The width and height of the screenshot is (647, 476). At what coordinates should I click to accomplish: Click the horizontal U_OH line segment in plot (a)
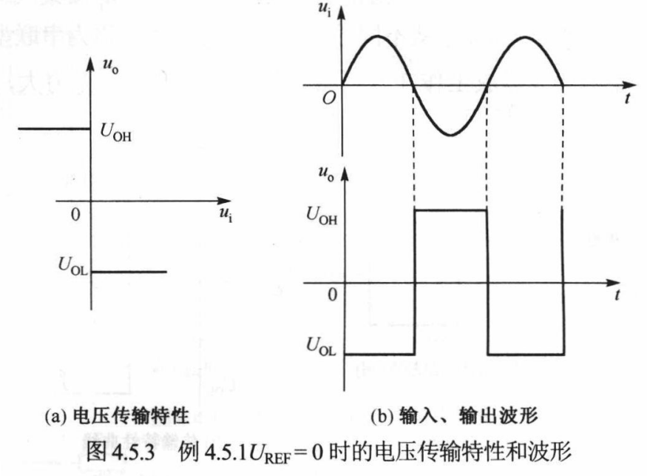tap(52, 128)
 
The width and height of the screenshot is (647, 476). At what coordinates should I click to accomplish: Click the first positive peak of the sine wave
tap(378, 36)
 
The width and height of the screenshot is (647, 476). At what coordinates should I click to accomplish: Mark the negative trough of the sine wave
tap(450, 135)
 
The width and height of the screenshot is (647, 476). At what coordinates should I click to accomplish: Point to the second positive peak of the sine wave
tap(525, 36)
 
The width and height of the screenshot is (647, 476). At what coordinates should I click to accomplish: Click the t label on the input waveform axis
tap(626, 98)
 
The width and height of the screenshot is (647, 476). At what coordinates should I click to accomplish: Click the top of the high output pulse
tap(451, 210)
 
